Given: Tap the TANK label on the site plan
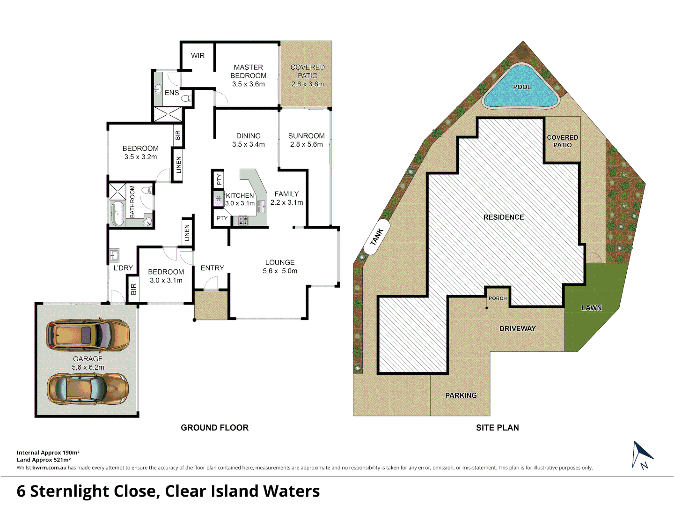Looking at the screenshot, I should coord(377,237).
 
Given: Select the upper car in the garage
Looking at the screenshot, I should coord(88,335).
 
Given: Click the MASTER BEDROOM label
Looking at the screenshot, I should coord(248,71).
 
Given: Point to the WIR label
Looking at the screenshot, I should coord(198,56).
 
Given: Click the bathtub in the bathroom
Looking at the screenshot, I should coord(117,213).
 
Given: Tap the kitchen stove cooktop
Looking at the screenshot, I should coord(242,220).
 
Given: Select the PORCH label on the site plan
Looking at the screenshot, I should coord(498,298).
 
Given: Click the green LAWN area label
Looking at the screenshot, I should coord(591,308).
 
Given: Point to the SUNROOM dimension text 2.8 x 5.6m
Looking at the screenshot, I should coord(306,144).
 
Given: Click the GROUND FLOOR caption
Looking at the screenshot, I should coord(214,427).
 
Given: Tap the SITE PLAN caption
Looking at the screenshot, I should coord(497,427).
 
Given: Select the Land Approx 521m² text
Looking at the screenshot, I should coord(44,460).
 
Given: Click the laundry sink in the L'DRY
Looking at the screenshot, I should coord(114,255).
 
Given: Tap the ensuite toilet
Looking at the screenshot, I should coord(187,98).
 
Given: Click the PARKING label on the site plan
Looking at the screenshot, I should coord(461,395).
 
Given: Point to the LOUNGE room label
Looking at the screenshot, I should coord(280,262).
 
